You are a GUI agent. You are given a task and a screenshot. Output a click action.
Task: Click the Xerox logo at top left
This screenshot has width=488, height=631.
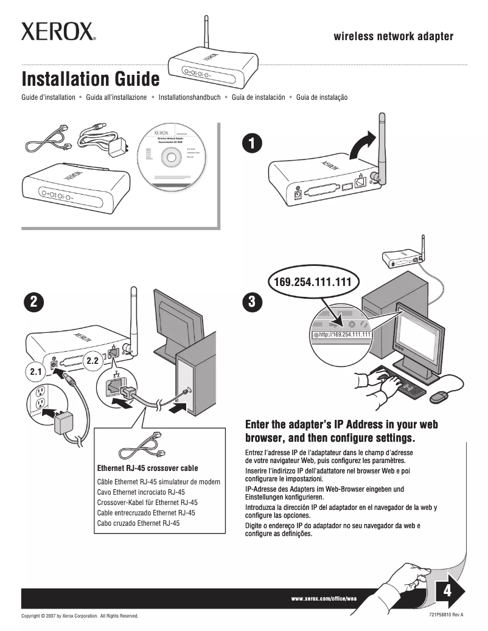point(58,32)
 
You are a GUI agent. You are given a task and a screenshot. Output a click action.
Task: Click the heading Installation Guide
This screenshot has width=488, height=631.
point(91,79)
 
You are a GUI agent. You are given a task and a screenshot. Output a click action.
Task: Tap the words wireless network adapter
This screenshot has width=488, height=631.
point(393,37)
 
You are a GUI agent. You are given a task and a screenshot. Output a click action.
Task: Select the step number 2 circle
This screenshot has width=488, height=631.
point(33,301)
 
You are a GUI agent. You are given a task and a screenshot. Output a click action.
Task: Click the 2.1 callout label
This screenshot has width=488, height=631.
point(35,370)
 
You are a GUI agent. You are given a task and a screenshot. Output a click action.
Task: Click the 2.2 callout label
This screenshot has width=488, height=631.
point(93,361)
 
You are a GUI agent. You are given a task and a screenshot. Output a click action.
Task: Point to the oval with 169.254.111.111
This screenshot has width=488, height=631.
point(313,282)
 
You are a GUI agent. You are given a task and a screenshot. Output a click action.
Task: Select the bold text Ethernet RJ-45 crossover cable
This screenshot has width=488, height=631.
point(147,469)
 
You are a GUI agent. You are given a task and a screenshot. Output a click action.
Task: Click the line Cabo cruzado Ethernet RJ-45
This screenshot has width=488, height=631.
point(139,523)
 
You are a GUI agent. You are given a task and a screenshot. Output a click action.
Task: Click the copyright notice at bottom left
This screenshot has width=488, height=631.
point(80,616)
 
